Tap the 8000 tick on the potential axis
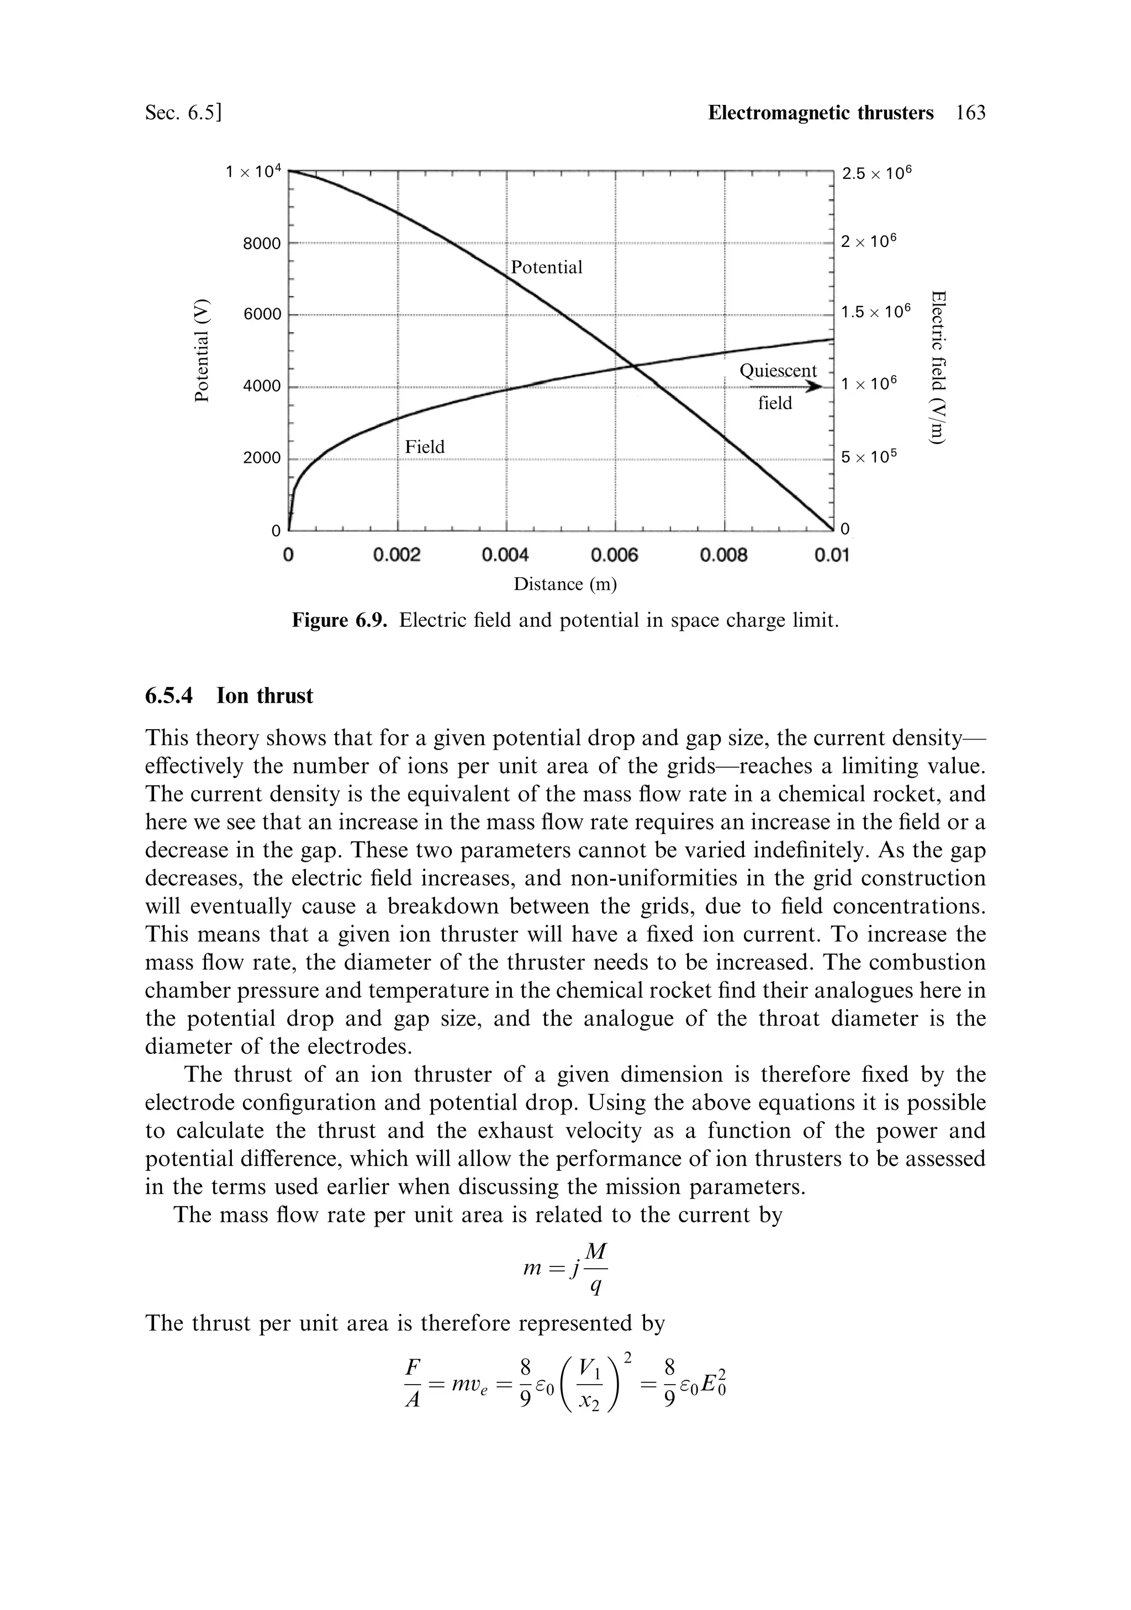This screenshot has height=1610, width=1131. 262,244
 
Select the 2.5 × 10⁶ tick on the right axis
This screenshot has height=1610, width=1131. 879,172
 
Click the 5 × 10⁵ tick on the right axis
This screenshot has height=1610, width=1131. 869,457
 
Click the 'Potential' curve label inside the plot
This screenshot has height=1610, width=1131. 546,267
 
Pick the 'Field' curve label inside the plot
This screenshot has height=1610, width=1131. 425,447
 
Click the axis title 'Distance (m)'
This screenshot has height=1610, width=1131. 565,584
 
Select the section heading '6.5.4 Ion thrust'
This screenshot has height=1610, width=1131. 229,695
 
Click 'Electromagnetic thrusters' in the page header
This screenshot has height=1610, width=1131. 821,113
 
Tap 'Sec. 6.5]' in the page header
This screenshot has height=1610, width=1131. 183,113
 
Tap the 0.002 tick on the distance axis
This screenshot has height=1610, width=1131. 397,556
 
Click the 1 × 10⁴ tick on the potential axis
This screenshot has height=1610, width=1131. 253,171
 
